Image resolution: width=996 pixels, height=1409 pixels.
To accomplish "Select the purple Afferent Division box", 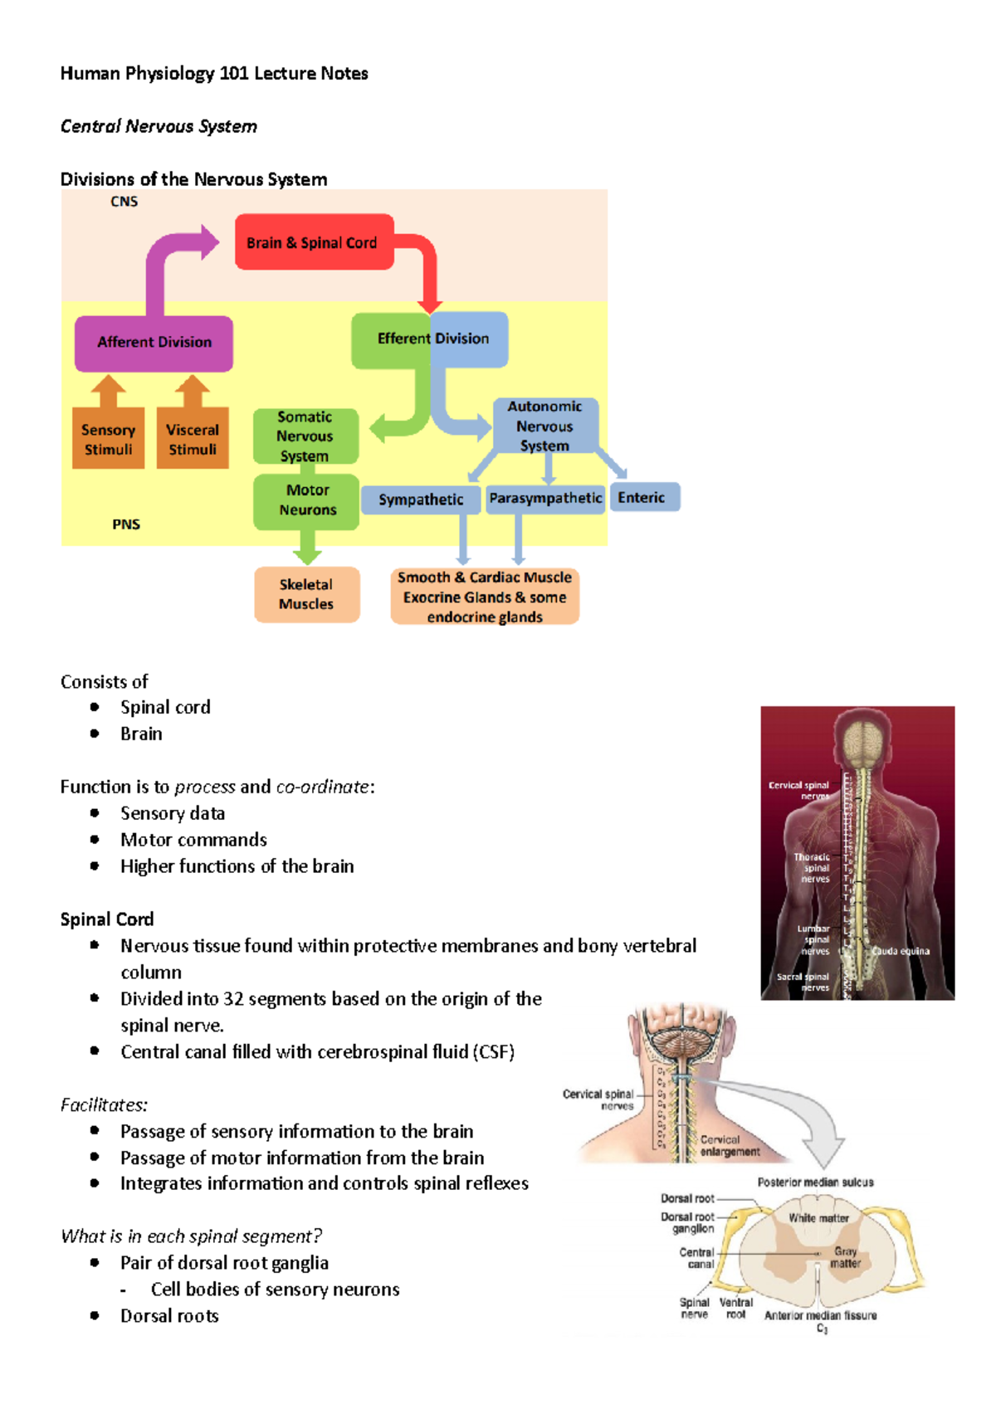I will (154, 343).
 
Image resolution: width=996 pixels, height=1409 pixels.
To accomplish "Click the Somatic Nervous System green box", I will (305, 436).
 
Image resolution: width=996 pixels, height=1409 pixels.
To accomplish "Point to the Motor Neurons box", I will (307, 500).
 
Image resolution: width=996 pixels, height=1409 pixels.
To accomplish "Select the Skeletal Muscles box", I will (306, 594).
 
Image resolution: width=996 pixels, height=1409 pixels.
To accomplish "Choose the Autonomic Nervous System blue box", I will (544, 426).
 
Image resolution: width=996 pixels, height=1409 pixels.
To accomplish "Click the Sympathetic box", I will (421, 500).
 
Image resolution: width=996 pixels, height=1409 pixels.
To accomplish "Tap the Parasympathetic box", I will (545, 499).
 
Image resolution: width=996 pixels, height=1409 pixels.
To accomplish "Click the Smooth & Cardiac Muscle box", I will (485, 597).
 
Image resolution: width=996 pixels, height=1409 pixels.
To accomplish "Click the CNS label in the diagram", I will (124, 202).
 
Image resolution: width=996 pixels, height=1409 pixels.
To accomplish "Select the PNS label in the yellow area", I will (126, 524).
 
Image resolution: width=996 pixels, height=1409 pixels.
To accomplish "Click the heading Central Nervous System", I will (159, 126).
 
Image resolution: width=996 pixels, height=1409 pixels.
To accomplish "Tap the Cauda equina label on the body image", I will (901, 951).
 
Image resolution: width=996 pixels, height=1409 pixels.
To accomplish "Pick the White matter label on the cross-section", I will (818, 1218).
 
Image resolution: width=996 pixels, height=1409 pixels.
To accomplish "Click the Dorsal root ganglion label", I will (688, 1222).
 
